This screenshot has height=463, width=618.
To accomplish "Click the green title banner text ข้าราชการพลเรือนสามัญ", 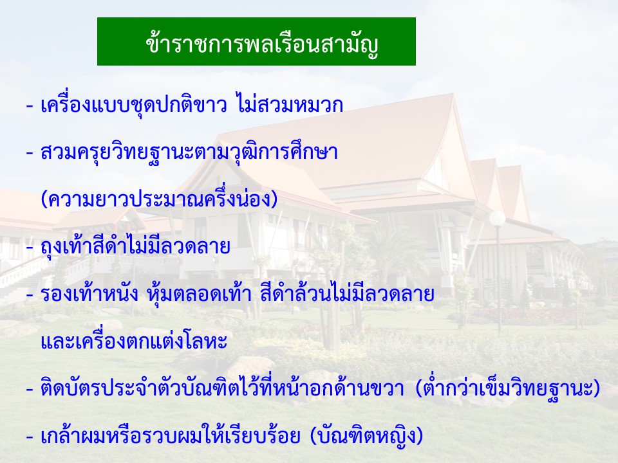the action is coord(262,44).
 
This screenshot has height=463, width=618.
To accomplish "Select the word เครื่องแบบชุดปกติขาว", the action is coord(134,105).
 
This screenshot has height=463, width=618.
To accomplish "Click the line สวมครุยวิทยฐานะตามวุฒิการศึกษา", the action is coord(189,152).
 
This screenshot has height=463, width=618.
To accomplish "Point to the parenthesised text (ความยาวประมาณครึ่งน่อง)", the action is coord(159,198).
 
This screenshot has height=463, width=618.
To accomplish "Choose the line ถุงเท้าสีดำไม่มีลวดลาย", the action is coord(135,246).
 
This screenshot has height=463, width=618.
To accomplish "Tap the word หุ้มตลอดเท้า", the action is coord(199,293).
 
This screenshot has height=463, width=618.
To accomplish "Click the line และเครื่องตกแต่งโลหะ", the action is coord(134,341).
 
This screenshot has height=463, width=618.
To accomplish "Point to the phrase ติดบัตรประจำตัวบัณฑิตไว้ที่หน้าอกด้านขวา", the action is coord(222,388).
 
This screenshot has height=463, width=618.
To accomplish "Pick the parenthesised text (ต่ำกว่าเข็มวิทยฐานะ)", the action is coord(508,388).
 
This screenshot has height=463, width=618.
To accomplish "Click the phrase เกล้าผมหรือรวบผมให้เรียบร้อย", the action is coord(170,435).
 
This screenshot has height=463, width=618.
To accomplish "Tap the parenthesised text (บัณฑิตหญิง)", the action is coord(366,435).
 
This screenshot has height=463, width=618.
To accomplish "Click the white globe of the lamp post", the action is coord(498,218).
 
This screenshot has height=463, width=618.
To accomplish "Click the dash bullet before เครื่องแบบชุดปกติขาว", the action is coord(30,106).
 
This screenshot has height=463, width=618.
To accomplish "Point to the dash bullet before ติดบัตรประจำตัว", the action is coord(30,390).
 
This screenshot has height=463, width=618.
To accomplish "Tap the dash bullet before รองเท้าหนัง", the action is coord(30,295).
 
